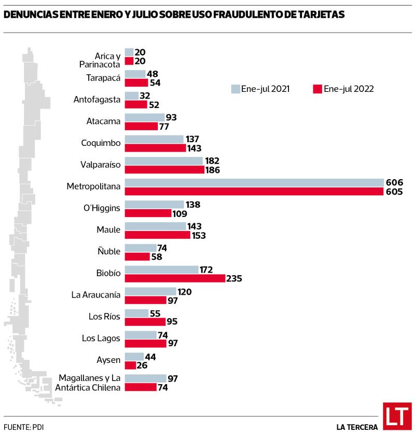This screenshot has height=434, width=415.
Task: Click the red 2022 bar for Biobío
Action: [x=175, y=278]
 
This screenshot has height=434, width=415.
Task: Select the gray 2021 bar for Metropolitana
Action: [x=254, y=183]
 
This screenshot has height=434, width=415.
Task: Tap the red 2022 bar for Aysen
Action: [x=130, y=365]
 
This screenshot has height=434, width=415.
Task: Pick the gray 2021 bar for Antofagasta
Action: [x=132, y=96]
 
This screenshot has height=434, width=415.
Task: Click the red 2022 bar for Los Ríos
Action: [x=145, y=322]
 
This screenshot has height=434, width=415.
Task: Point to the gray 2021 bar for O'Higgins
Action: [x=154, y=205]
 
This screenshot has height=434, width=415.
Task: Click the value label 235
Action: [x=234, y=279]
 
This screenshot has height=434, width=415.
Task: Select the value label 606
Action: [x=394, y=183]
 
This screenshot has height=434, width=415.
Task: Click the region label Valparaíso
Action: [x=101, y=165]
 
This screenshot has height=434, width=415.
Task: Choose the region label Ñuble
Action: [x=109, y=251]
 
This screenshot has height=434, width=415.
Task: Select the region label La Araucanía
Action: [x=96, y=295]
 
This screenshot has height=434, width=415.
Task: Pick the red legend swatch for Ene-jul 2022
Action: [x=317, y=89]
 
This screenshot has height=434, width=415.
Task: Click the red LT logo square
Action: [x=397, y=416]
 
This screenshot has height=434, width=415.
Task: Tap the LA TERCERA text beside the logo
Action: [x=356, y=427]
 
